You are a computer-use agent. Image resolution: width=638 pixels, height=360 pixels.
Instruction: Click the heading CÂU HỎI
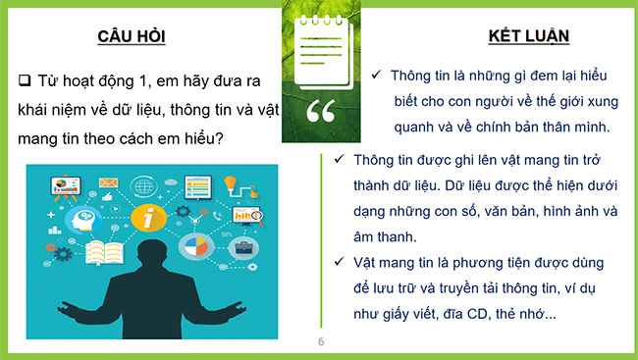point(131,37)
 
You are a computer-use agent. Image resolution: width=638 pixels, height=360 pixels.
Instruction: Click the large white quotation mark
point(319,111)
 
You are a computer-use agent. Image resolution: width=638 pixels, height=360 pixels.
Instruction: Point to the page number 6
point(320,342)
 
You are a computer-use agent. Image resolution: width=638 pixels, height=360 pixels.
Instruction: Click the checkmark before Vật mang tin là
point(339,263)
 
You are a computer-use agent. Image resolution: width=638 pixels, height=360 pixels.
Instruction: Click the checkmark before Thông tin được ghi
point(339,159)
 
